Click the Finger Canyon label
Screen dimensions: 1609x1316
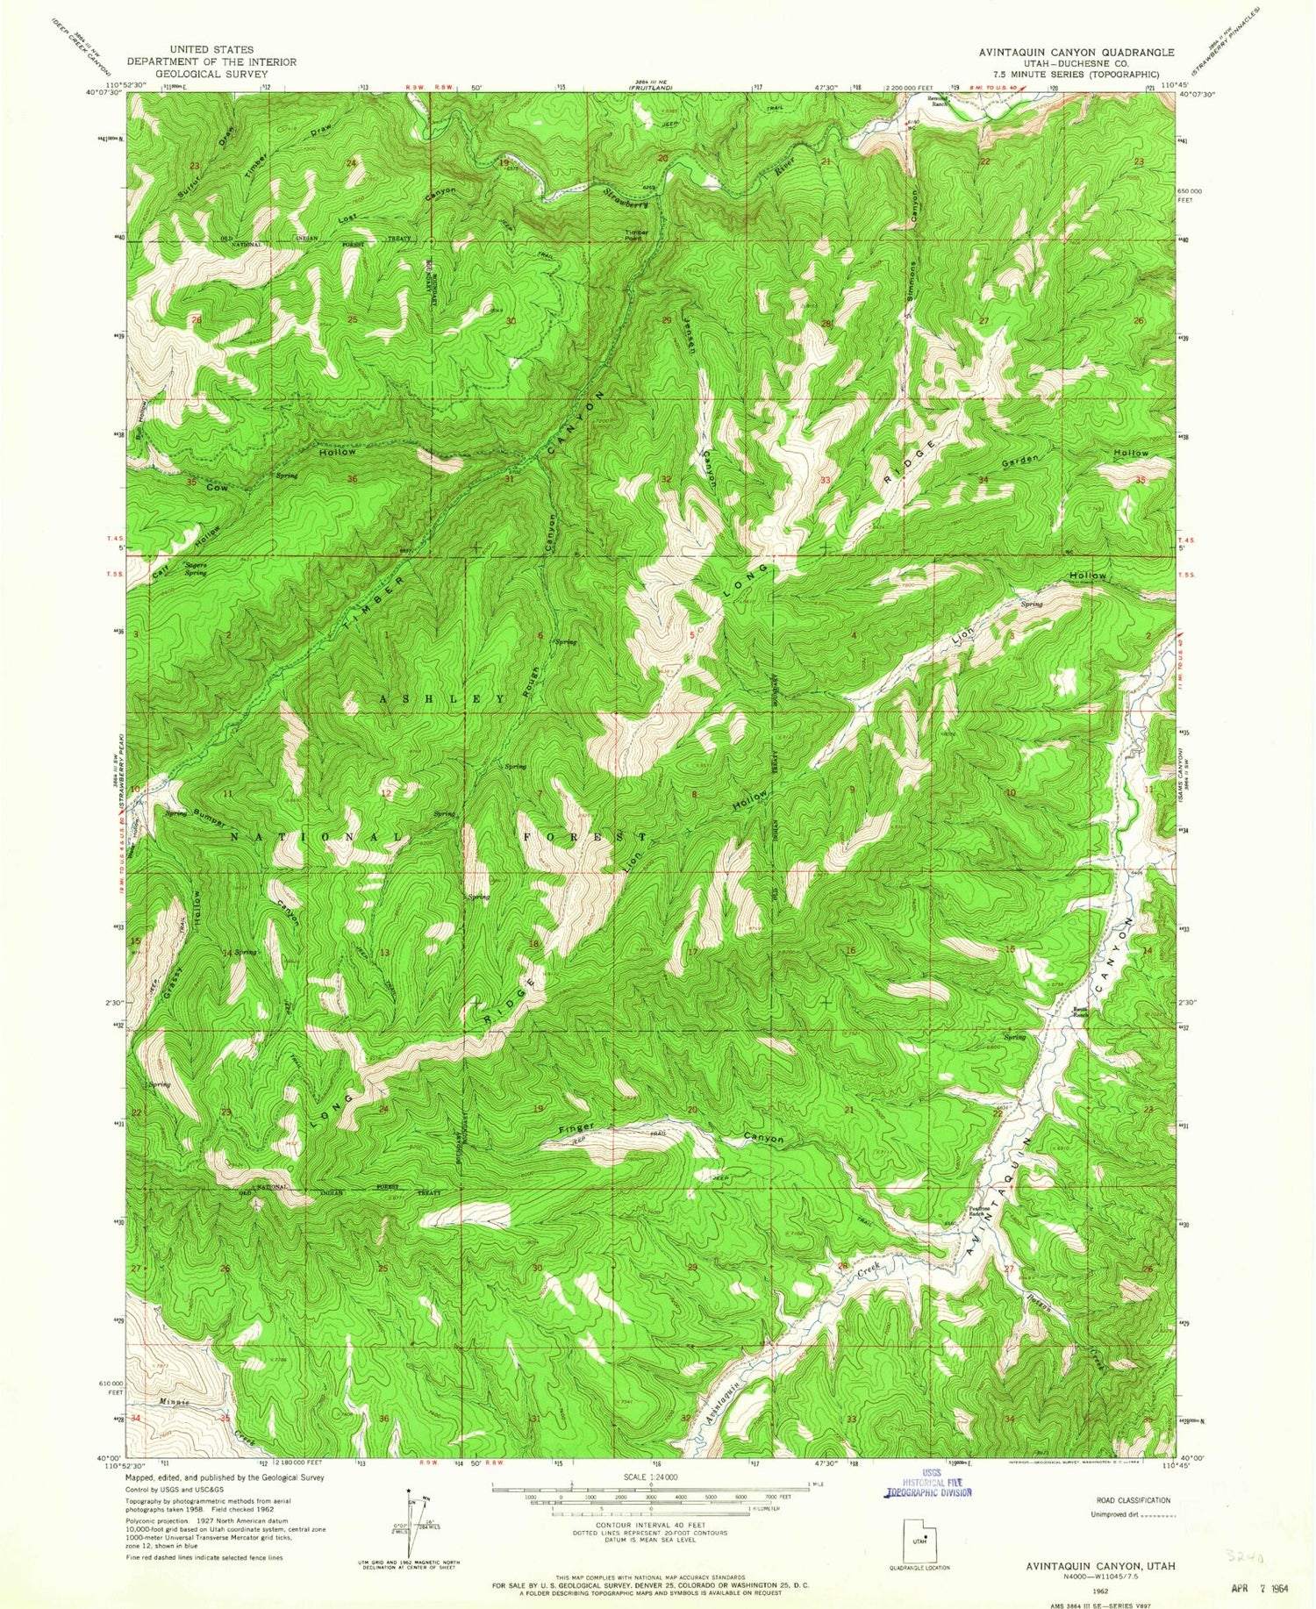click(x=667, y=1132)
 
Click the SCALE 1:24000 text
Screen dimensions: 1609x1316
click(x=650, y=1477)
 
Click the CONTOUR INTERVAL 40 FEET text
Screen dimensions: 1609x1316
click(x=651, y=1526)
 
